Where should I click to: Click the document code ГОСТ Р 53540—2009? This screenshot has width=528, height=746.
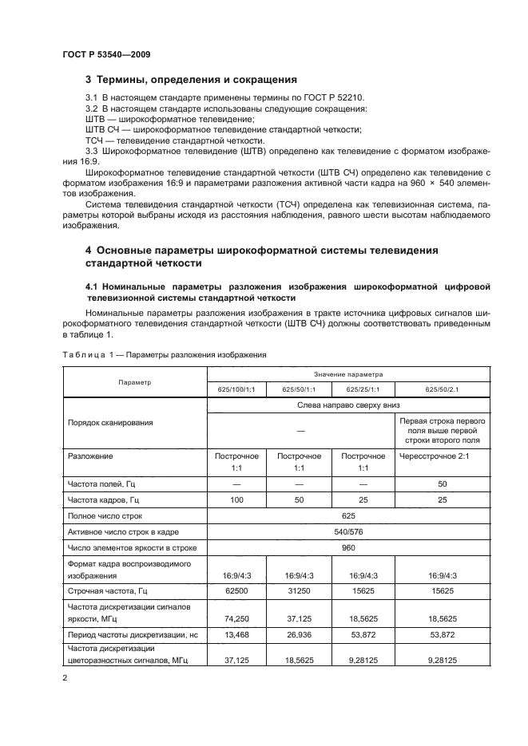click(x=106, y=55)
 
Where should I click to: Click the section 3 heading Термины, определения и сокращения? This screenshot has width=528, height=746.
click(x=191, y=80)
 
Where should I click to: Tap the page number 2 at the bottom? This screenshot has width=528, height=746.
click(x=65, y=678)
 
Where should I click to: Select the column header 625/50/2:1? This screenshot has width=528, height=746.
click(x=442, y=389)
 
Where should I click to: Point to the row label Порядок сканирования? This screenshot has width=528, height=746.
click(x=110, y=423)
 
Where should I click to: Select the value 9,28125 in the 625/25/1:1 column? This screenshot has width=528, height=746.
click(x=363, y=661)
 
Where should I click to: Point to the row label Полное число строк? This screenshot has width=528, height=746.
click(x=104, y=516)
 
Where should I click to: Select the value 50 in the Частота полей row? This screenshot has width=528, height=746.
click(x=442, y=484)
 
